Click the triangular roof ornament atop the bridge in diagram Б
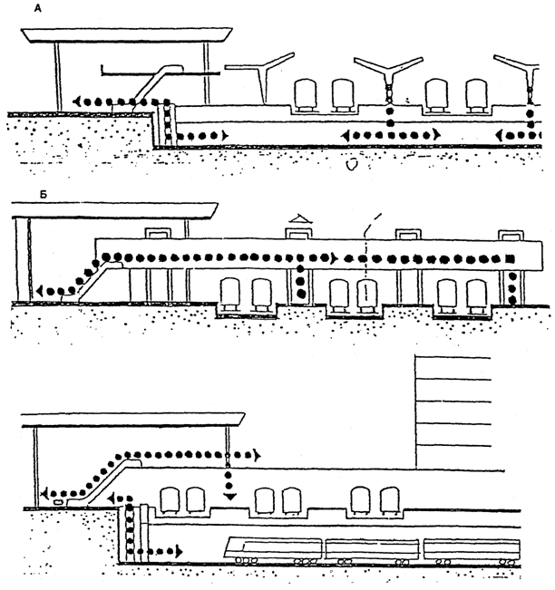[299, 220]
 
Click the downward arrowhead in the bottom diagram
[229, 496]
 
